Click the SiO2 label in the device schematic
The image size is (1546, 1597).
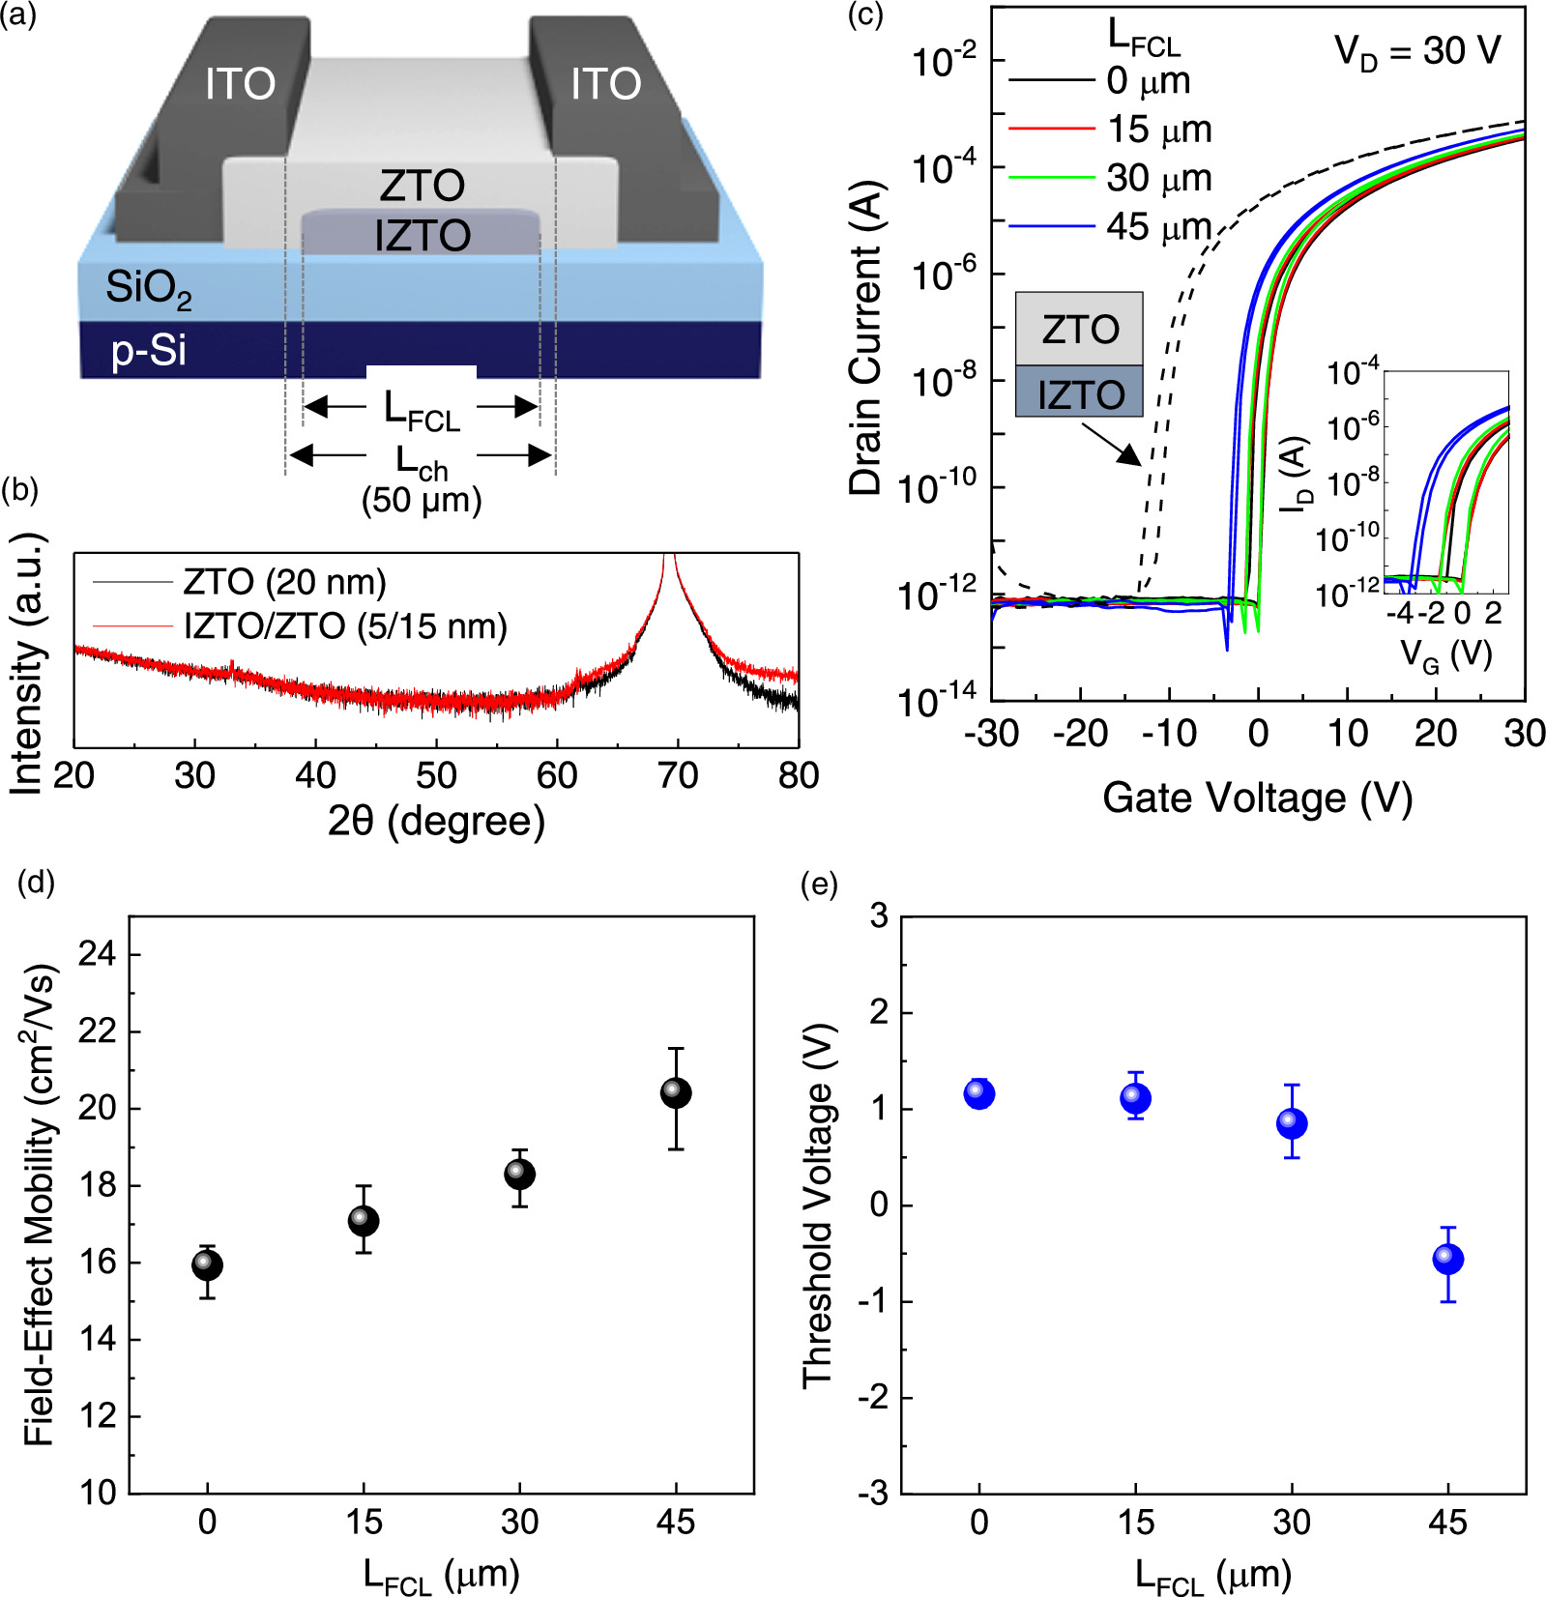pos(148,288)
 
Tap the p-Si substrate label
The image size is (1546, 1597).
pos(148,350)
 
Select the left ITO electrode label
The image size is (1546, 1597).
pos(240,84)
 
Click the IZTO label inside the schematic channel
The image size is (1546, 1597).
pos(423,236)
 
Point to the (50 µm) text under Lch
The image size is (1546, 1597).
pos(422,501)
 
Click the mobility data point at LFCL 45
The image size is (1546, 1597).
pos(676,1093)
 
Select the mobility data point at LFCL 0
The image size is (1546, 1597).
pos(207,1264)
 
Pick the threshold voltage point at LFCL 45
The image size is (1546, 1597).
pos(1447,1259)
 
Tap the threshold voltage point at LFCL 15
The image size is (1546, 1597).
pos(1136,1098)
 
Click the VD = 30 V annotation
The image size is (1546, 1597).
pos(1417,51)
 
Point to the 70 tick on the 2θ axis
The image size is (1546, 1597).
pos(677,775)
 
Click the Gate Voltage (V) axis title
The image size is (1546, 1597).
pos(1257,798)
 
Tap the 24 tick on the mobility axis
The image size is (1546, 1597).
pos(97,955)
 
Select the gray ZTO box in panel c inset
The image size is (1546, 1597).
pos(1079,330)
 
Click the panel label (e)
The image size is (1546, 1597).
pos(819,884)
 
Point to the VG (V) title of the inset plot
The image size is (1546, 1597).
pos(1446,655)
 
